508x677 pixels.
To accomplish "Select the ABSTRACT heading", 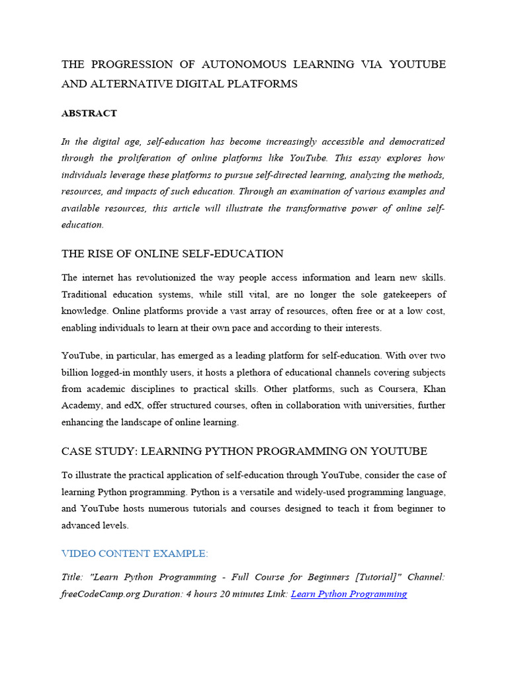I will pos(89,113).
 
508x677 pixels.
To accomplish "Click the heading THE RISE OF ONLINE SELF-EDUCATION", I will pos(172,254).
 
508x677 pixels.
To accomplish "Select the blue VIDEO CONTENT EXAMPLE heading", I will pos(134,553).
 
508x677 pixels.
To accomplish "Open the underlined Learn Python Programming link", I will pos(349,594).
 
